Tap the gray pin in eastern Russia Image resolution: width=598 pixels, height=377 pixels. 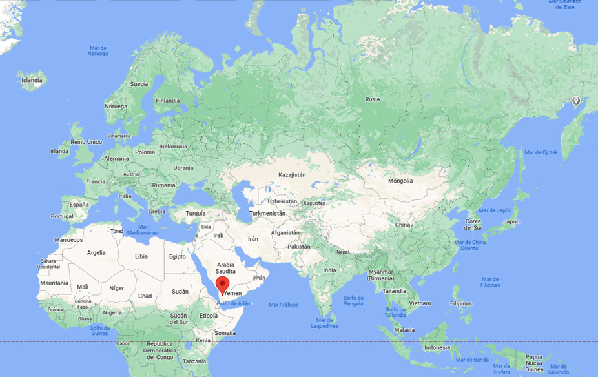[575, 101]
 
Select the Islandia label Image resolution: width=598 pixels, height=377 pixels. [32, 81]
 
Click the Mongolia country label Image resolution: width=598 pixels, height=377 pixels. [400, 181]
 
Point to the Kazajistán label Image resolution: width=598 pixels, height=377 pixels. [292, 174]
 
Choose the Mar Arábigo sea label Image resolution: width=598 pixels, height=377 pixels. [284, 305]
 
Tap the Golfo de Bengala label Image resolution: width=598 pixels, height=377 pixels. [353, 301]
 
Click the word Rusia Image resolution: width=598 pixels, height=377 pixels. [373, 99]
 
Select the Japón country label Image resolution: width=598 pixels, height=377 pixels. [511, 221]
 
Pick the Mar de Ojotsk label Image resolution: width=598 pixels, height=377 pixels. [541, 152]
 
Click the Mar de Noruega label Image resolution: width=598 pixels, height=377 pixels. [98, 51]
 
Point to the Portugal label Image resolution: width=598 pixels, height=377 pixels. [62, 216]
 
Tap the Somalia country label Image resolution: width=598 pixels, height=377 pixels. [225, 333]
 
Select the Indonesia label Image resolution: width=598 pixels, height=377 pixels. [437, 347]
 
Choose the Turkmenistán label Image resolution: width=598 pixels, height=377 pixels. [267, 213]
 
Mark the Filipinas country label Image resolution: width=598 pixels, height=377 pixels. [460, 303]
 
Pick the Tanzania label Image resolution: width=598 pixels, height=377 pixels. [194, 362]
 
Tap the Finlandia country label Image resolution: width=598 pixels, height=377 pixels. [168, 101]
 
